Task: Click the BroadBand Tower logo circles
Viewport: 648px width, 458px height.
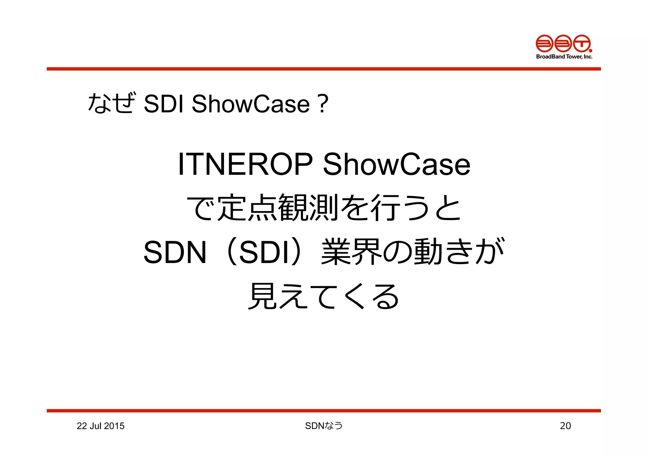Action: (563, 44)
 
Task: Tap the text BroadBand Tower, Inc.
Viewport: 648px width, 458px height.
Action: (564, 57)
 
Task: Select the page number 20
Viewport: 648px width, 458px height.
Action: (565, 426)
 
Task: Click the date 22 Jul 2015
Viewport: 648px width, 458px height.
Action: (100, 426)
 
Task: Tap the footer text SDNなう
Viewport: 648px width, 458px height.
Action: (324, 426)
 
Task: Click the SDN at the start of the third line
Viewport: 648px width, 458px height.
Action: (175, 252)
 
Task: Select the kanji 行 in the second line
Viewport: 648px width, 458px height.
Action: (385, 208)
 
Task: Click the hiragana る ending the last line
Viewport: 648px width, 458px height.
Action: (385, 297)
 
